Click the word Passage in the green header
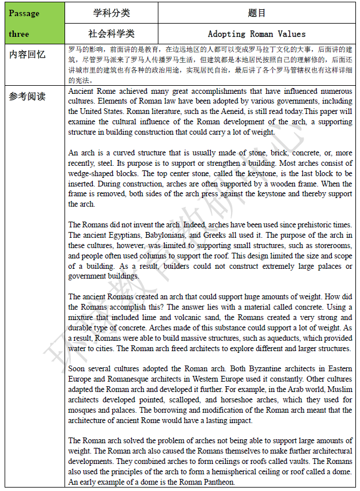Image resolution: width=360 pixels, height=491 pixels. point(24,13)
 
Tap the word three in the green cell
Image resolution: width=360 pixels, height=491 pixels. point(19,33)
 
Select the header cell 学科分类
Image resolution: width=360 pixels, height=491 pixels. point(112,13)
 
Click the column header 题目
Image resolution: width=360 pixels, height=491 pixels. point(257,13)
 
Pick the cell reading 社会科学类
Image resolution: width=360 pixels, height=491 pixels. point(112,33)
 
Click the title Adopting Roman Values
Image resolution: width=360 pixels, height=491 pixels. point(257,34)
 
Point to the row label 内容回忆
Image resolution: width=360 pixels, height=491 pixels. point(27,55)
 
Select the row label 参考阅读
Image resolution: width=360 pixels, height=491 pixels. point(27,96)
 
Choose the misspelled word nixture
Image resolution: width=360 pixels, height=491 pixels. point(81,318)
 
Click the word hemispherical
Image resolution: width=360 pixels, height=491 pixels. point(224,473)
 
